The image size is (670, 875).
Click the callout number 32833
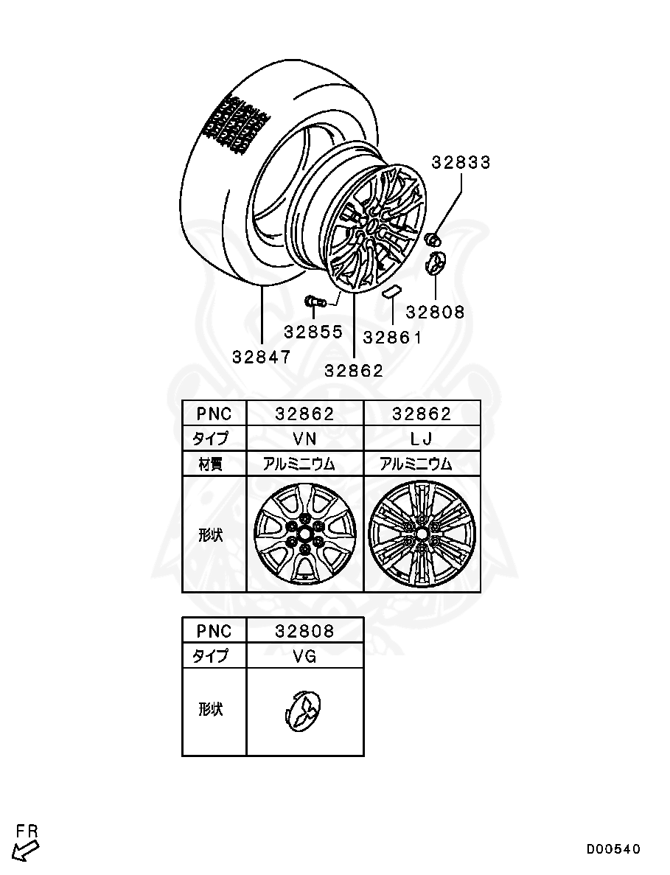461,162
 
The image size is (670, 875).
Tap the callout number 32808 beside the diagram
436,312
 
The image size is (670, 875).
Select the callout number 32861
393,338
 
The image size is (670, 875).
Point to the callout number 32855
313,332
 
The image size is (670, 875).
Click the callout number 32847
262,357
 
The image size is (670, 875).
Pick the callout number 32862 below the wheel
355,371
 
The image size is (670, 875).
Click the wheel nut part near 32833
433,238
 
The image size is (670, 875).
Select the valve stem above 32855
316,301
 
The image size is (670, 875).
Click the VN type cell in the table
304,439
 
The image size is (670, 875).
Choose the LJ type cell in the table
422,439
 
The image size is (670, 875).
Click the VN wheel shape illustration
304,534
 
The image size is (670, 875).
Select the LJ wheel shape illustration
422,534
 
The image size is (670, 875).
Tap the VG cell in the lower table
304,656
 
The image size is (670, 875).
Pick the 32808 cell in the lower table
304,631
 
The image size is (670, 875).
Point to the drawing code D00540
613,849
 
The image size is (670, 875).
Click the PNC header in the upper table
214,414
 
